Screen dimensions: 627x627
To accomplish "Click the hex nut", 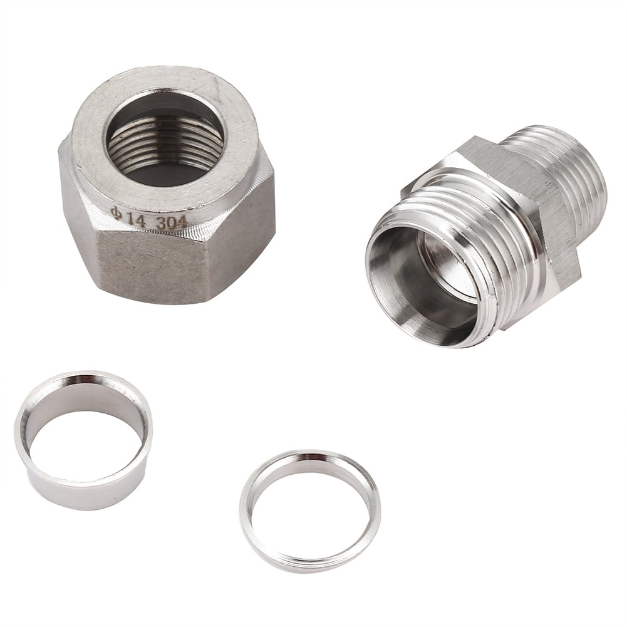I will click(167, 188).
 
